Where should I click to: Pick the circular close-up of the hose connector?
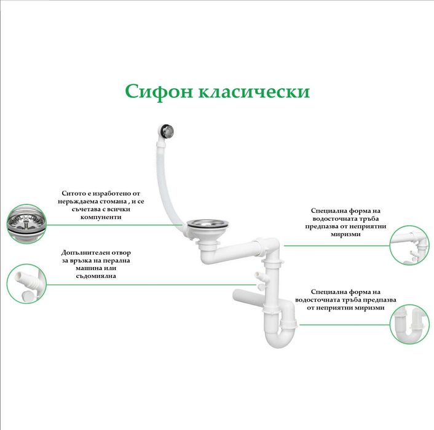click(26, 284)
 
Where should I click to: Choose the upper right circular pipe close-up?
click(412, 244)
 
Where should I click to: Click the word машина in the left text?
click(78, 268)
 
